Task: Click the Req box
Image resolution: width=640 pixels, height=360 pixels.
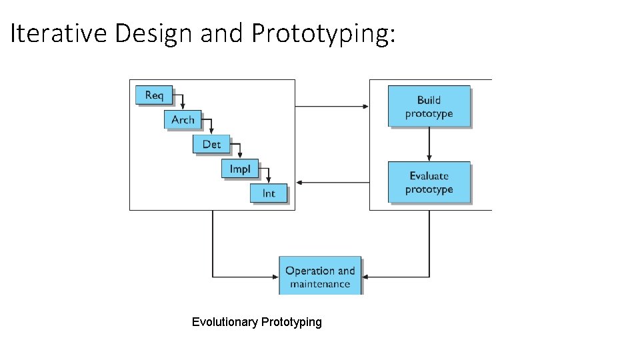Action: coord(153,95)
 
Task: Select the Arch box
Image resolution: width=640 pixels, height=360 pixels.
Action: coord(183,119)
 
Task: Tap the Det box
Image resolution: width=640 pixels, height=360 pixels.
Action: coord(211,144)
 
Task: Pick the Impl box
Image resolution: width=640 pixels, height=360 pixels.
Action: coord(240,169)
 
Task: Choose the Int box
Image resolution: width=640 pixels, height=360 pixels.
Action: coord(269,193)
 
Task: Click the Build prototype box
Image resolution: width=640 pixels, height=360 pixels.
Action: coord(429,107)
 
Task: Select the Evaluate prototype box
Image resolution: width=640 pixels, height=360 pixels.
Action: coord(429,182)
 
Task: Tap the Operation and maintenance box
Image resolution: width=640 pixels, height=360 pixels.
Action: coord(320,276)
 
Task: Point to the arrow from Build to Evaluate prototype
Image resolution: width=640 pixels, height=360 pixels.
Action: coord(429,144)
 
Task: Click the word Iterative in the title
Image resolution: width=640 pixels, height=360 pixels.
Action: coord(59,33)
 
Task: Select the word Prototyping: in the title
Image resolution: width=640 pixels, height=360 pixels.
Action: coord(324,33)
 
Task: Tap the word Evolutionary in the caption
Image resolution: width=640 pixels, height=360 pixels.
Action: coord(225,322)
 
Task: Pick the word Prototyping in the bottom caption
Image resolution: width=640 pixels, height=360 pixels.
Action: coord(291,322)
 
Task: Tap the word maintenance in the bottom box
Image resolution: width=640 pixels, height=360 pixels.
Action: coord(320,284)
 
